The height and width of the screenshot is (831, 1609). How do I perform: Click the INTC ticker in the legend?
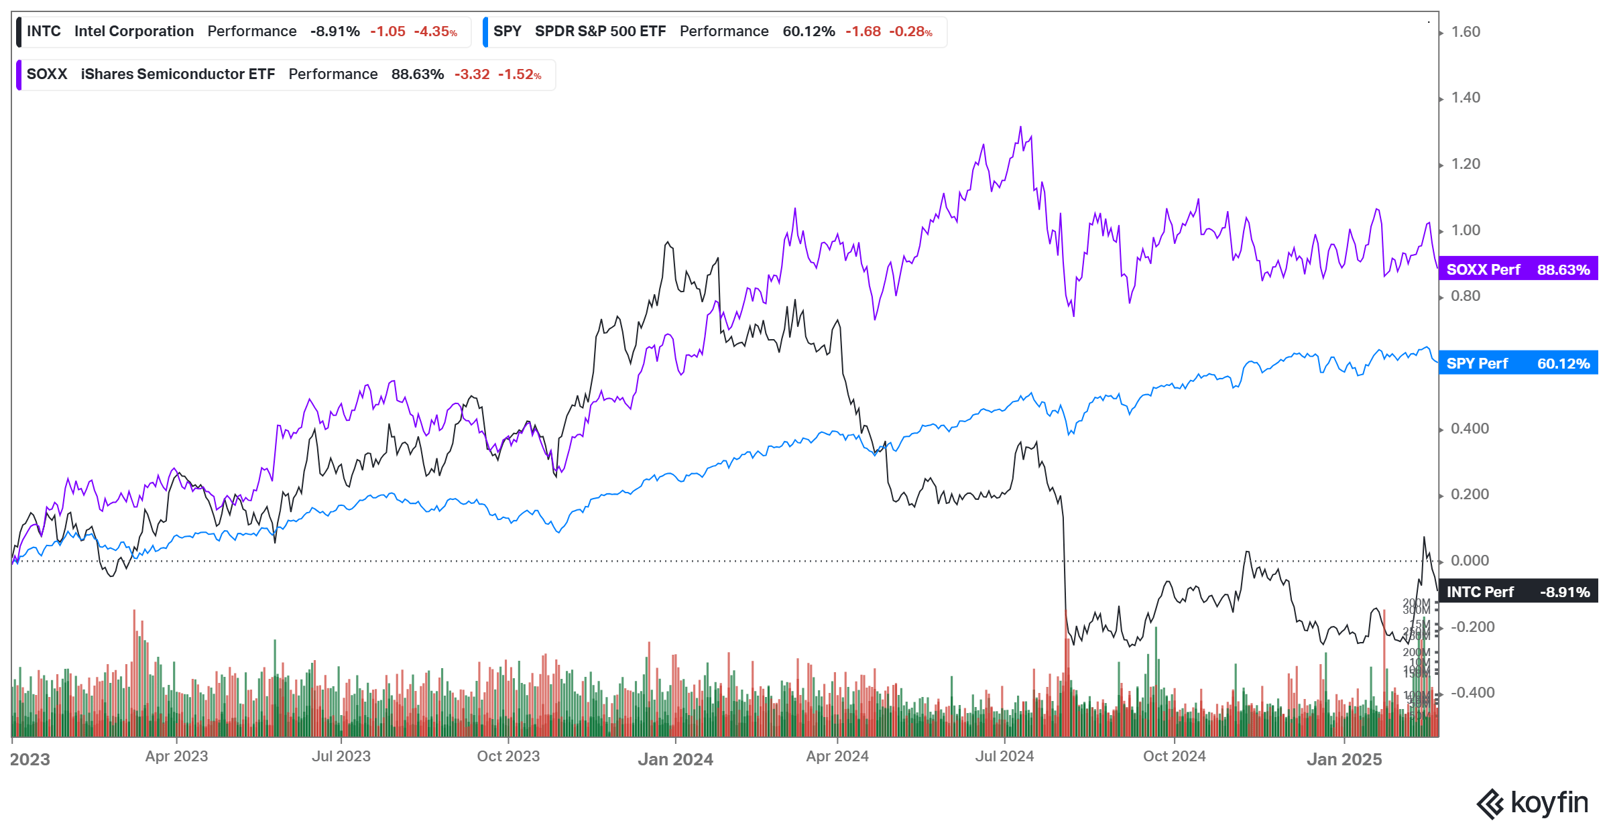click(x=44, y=31)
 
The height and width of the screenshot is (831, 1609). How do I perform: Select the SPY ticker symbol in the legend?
click(x=507, y=31)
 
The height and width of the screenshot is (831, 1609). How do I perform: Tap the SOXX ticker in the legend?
click(x=47, y=74)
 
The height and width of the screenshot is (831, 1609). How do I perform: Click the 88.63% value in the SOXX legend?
click(x=417, y=74)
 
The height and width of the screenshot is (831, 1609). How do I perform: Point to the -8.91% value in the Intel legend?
click(x=335, y=31)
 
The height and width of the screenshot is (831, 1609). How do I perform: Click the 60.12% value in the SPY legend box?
click(x=809, y=31)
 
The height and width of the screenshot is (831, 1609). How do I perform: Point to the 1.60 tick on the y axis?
click(x=1466, y=32)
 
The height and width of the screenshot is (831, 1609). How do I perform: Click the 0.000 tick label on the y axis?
click(x=1470, y=560)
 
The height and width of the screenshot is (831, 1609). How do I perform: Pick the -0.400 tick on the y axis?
click(x=1472, y=692)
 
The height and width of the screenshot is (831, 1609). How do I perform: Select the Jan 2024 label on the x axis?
click(x=675, y=759)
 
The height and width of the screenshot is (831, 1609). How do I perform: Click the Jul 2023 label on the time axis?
click(x=341, y=757)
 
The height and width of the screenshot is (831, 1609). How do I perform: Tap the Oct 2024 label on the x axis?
click(x=1174, y=757)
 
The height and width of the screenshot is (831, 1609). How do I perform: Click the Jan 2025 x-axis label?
click(x=1344, y=759)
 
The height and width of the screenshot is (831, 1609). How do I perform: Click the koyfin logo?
click(x=1533, y=803)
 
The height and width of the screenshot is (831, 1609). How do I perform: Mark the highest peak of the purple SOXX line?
click(x=1020, y=127)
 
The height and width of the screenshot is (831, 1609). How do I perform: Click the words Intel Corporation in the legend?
click(x=134, y=31)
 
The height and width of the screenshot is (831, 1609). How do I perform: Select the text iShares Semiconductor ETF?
click(x=178, y=74)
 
